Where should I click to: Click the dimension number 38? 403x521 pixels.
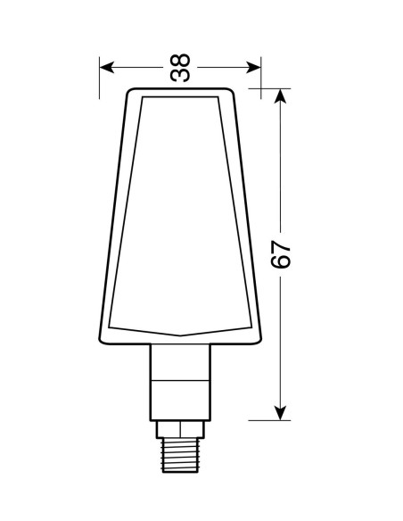(180, 68)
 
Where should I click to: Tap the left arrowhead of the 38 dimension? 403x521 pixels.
(107, 68)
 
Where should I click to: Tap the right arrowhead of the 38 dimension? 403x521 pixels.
(253, 68)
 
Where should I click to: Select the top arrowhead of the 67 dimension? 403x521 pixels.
(281, 96)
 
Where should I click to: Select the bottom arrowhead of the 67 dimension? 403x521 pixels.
(281, 413)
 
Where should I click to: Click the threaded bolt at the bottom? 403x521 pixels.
(180, 455)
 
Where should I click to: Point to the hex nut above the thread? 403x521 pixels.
(180, 429)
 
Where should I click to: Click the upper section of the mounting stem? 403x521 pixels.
(180, 362)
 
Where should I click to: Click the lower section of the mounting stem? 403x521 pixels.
(180, 401)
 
